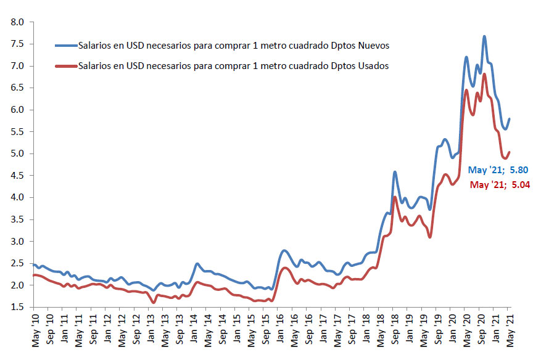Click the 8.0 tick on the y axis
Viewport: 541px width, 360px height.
coord(17,22)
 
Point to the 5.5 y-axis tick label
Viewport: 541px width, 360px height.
coord(17,132)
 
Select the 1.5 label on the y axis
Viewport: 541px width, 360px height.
coord(17,308)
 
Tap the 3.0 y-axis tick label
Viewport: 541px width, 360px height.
coord(17,242)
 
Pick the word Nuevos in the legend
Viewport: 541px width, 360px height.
coord(373,46)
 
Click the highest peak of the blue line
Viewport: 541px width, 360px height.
coord(484,36)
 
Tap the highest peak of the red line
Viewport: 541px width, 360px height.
coord(484,74)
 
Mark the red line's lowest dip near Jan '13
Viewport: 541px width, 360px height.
coord(153,302)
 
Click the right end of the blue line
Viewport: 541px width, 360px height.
coord(510,118)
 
